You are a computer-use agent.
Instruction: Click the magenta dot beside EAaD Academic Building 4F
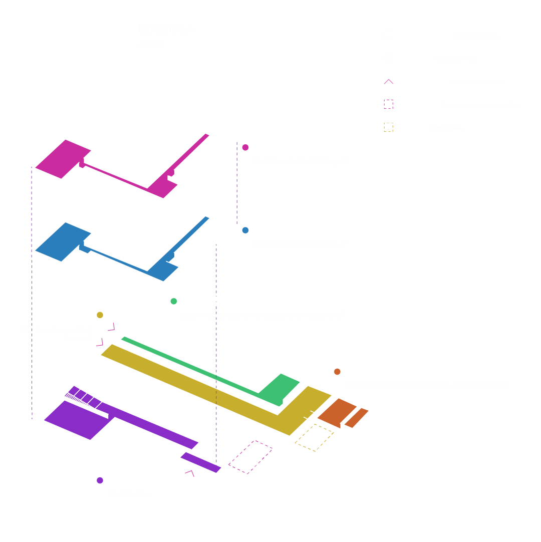245,147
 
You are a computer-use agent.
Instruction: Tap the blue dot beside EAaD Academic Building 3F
245,230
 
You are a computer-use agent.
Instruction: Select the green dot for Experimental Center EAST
174,301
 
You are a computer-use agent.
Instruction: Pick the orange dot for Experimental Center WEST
337,371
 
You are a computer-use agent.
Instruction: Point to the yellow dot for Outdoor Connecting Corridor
100,315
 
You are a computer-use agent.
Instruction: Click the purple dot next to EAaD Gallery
100,480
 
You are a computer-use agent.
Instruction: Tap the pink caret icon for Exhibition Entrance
388,81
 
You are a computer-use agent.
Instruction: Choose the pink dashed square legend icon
388,104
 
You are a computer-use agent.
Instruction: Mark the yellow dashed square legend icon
388,127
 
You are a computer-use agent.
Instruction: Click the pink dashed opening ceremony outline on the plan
251,457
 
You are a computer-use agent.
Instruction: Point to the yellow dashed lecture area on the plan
314,437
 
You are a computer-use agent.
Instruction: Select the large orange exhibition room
333,411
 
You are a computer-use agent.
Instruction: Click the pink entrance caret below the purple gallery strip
189,472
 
